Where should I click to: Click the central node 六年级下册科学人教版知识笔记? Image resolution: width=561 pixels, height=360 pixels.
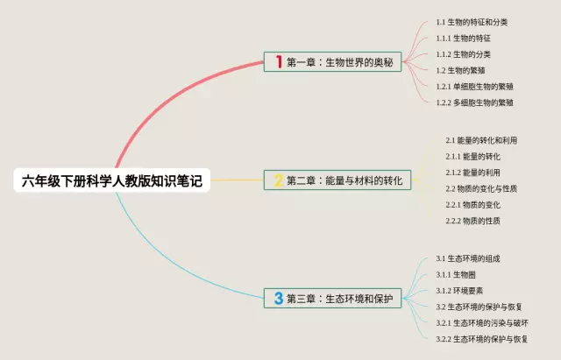tap(112, 180)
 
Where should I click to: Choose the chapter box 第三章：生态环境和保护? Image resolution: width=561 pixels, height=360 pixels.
tap(332, 298)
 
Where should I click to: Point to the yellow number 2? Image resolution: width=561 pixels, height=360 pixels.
tap(278, 180)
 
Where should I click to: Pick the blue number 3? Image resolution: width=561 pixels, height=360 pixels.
tap(278, 298)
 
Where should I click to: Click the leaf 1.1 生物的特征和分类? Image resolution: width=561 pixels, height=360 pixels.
tap(472, 23)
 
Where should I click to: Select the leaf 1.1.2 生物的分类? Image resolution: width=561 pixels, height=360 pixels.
tap(464, 54)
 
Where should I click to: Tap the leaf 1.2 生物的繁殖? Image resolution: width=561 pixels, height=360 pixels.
tap(463, 70)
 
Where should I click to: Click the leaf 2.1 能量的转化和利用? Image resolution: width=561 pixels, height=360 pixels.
tap(481, 140)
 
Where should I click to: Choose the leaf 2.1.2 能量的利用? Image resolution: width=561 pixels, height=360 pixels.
tap(473, 173)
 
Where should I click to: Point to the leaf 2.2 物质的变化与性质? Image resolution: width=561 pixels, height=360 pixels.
tap(481, 188)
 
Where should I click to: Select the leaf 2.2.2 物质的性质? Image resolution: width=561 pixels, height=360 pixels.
tap(473, 221)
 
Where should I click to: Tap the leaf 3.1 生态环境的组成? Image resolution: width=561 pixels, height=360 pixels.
tap(468, 259)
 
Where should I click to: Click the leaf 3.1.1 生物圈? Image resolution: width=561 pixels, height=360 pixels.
tap(456, 275)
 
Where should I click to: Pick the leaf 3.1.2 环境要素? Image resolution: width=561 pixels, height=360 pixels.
tap(460, 291)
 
